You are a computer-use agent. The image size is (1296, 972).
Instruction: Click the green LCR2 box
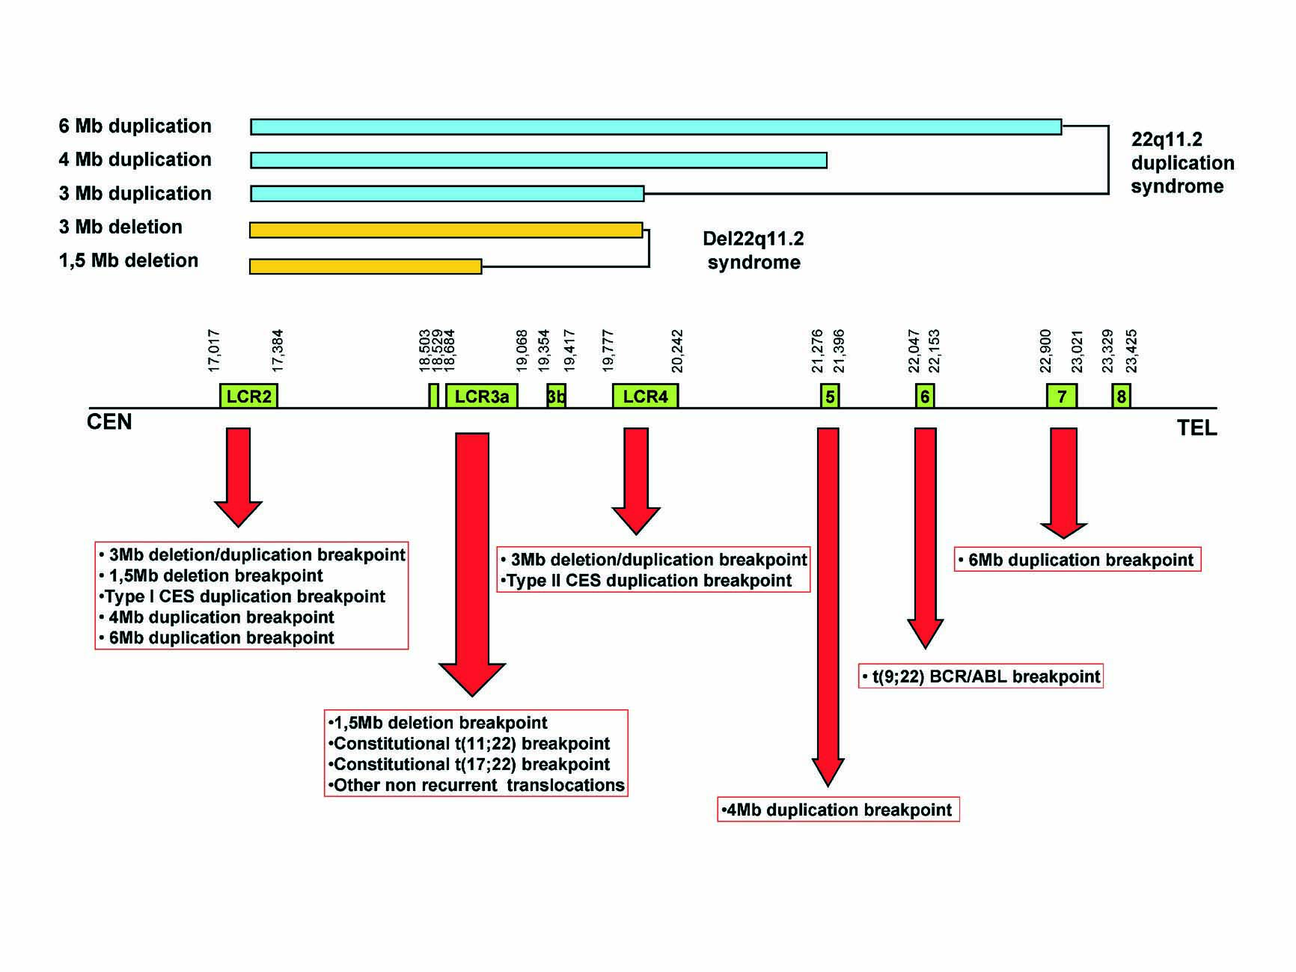(248, 395)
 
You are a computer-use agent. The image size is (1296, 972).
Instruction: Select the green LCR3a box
(482, 395)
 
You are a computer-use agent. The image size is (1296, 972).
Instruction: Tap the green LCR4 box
(645, 395)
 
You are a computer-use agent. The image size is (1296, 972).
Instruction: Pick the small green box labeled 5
(830, 395)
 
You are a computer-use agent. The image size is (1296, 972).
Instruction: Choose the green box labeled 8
(1121, 395)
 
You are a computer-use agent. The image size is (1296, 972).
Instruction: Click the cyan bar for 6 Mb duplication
(656, 126)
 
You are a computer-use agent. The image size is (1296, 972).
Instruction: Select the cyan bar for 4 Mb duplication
(539, 160)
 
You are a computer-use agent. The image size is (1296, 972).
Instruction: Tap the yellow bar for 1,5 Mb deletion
(366, 266)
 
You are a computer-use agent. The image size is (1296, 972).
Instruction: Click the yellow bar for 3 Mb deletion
(446, 230)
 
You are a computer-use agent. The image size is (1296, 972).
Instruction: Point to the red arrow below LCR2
(239, 477)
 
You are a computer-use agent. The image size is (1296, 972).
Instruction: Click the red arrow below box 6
(926, 537)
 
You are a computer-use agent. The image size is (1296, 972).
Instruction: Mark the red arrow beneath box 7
(1063, 483)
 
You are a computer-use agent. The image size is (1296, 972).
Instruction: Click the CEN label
(109, 422)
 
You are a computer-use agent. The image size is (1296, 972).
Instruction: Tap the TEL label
(1197, 428)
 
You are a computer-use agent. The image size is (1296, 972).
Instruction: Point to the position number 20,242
(677, 351)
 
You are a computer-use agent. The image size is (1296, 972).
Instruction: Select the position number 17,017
(214, 351)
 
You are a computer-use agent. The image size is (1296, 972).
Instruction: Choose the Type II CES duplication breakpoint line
(647, 581)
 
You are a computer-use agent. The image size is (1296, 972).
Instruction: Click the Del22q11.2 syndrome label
(754, 251)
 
